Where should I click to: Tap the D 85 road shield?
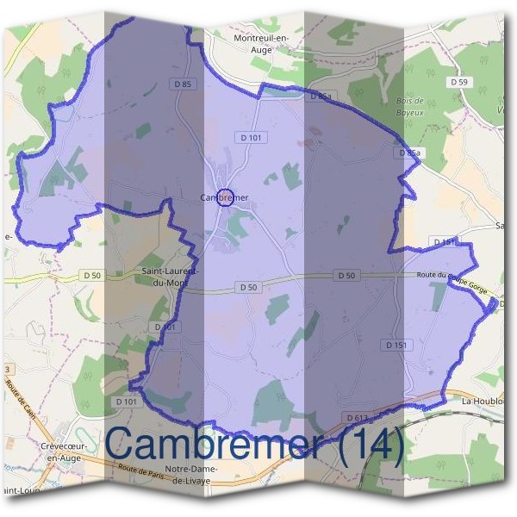tap(181, 84)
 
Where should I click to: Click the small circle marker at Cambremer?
tap(225, 197)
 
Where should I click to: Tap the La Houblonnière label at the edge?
tap(488, 402)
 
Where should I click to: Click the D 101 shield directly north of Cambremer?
tap(251, 137)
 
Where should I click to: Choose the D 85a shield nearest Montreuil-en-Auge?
tap(318, 97)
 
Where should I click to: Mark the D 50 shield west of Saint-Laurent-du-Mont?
tap(93, 274)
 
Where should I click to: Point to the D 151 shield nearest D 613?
tap(395, 345)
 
